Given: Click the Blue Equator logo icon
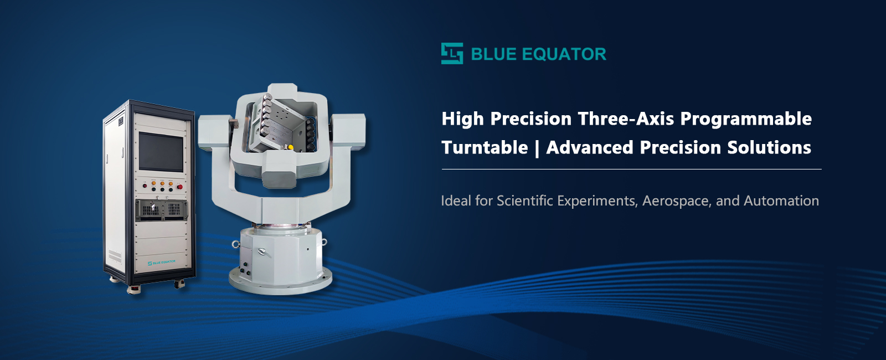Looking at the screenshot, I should coord(452,54).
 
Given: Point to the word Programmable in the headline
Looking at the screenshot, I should coord(746,119).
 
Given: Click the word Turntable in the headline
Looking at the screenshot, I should coord(485,147).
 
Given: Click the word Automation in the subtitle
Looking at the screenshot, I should coord(781,200).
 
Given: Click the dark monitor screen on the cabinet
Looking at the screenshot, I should coord(161,151).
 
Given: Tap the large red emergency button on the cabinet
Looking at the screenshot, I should coord(179,187).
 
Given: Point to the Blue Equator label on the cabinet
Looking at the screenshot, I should coord(162,262).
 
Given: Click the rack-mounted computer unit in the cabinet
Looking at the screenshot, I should coord(161,209).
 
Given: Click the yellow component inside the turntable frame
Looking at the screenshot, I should coord(290,147).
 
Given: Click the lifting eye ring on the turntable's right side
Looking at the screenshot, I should coord(323,242).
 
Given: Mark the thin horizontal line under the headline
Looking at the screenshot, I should coord(631,169).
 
